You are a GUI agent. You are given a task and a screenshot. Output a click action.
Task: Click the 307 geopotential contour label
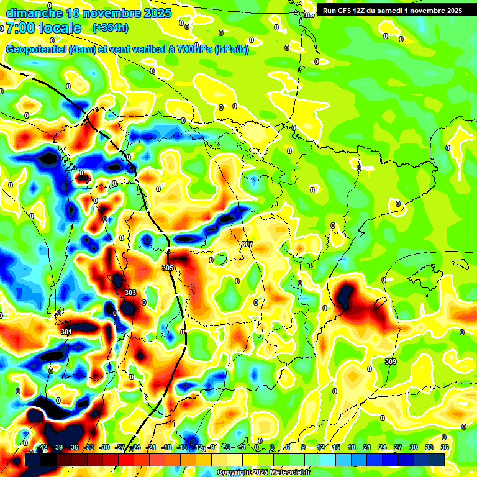point(247,245)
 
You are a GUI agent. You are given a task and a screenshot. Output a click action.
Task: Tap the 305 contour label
point(168,268)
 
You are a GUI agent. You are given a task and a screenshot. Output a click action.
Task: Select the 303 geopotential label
point(130,293)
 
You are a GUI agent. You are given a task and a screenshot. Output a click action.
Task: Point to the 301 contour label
point(66,332)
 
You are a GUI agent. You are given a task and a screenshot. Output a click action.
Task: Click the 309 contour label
point(391,361)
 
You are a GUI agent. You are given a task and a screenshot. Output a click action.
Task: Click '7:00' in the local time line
point(20,28)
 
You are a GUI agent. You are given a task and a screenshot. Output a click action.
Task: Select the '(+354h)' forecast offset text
point(110,28)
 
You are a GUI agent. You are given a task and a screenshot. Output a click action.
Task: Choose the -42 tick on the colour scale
point(43,447)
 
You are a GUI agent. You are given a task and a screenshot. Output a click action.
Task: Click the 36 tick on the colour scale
point(445,447)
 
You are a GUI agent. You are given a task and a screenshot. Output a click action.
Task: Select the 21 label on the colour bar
point(366,447)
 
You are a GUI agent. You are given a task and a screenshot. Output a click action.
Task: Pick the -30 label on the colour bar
point(105,447)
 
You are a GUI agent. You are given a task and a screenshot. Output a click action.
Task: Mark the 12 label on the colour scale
point(320,447)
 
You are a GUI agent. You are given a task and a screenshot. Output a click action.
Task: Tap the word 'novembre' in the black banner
point(428,10)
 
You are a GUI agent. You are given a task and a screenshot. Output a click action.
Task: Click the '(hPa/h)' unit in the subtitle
point(232,50)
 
